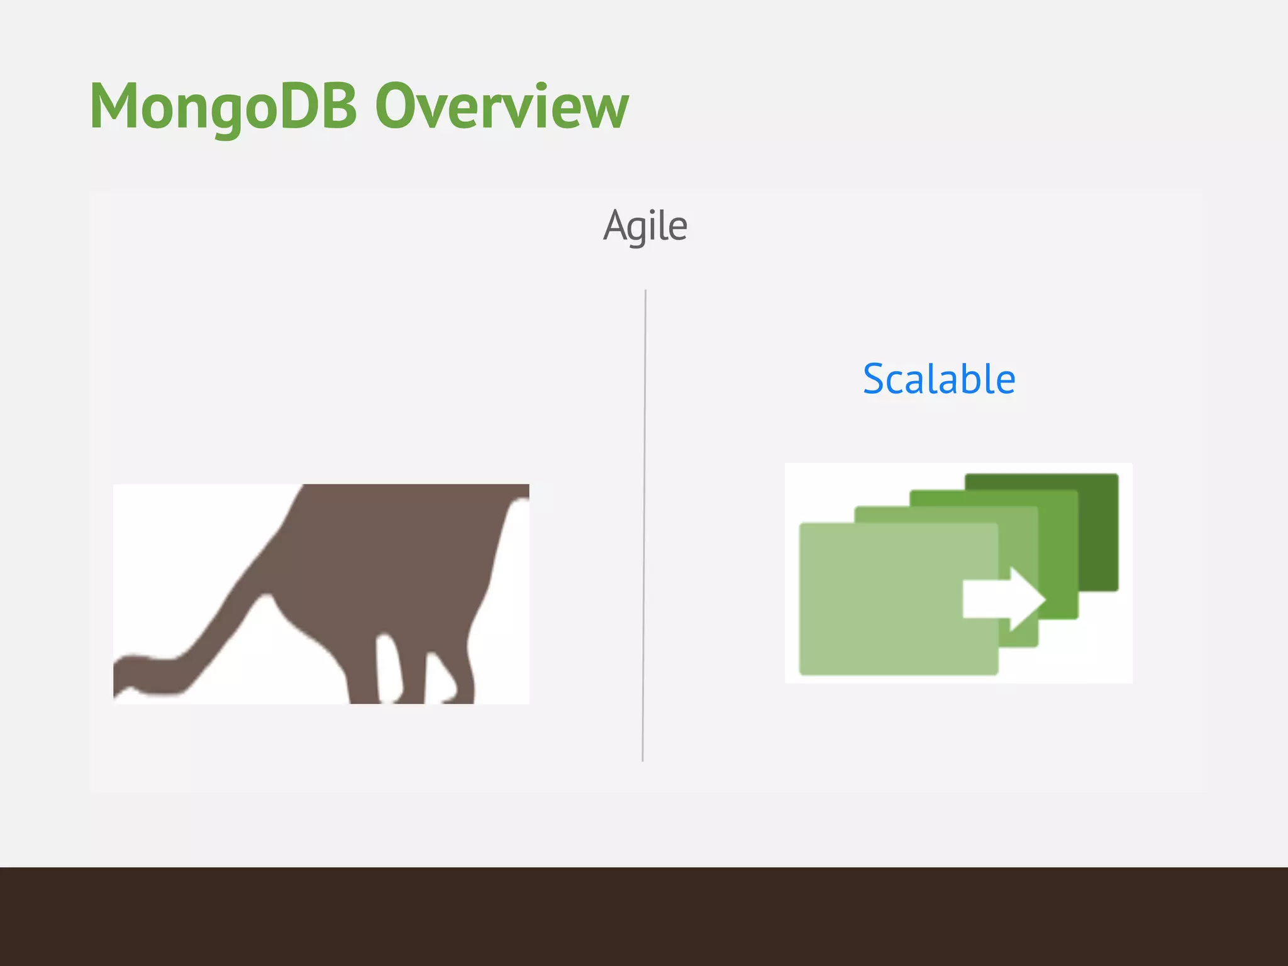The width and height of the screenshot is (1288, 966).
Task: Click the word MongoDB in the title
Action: coord(223,107)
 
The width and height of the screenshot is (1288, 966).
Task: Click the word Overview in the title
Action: coord(501,107)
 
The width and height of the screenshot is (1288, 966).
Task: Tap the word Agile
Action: coord(645,226)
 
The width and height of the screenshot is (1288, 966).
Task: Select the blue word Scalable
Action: coord(938,379)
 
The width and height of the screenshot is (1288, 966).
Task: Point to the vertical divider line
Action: coord(644,525)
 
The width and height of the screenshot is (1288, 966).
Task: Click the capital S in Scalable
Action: coord(875,379)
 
